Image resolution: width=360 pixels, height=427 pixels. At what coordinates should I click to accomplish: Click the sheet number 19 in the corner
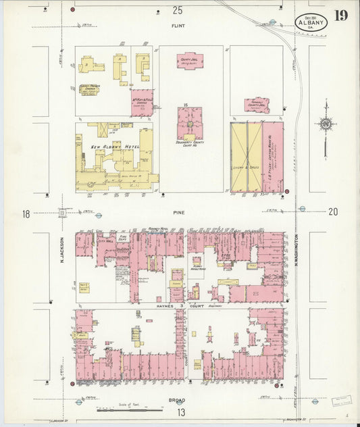(x=340, y=15)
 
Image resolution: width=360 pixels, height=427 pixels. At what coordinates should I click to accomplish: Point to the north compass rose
(x=326, y=123)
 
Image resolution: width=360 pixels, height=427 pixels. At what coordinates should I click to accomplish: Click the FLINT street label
(x=178, y=27)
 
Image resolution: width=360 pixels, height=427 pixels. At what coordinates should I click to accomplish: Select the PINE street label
(x=178, y=212)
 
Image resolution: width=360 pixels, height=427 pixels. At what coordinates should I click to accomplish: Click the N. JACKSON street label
(x=60, y=250)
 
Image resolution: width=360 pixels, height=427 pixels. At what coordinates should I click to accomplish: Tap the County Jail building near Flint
(x=190, y=61)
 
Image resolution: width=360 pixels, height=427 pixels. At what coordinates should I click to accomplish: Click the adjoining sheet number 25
(x=178, y=9)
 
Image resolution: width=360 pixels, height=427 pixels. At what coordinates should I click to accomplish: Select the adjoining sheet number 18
(x=26, y=214)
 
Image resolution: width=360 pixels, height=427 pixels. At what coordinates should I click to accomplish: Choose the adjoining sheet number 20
(x=332, y=212)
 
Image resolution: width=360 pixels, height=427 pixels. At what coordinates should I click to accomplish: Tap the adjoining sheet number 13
(x=181, y=411)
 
